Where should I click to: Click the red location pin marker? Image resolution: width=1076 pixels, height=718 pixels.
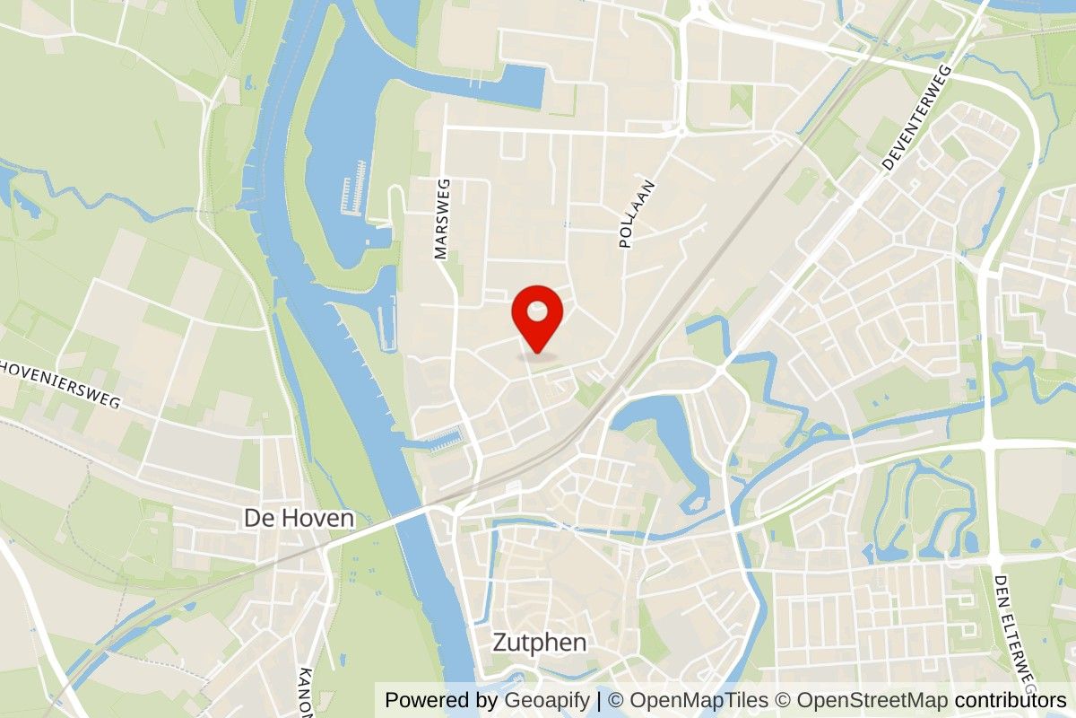pos(537,323)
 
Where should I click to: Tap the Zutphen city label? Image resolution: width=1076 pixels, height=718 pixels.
pos(540,643)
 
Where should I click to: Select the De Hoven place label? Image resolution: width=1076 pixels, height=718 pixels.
pos(299,519)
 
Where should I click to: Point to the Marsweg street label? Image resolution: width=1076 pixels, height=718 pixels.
pos(441,219)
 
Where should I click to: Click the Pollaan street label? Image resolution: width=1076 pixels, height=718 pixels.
pos(637,214)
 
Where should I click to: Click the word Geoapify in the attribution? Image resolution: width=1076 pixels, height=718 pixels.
pos(546,701)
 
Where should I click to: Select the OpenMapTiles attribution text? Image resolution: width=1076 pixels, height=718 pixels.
pos(699,701)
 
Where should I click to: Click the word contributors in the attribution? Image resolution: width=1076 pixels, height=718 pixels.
pos(1011,701)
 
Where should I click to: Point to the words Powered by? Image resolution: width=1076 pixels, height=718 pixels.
pos(441,701)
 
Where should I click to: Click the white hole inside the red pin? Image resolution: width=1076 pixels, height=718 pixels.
pos(537,311)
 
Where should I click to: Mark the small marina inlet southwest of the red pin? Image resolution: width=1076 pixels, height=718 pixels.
pos(445,441)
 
